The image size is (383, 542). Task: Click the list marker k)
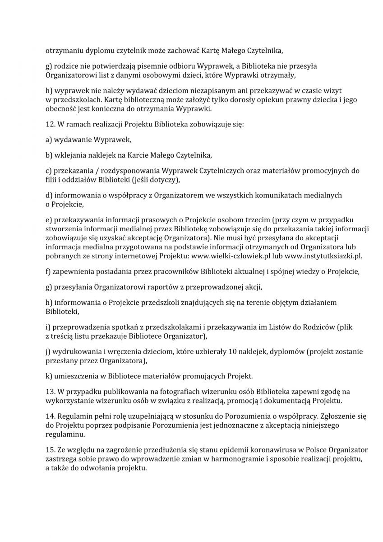[x=49, y=376]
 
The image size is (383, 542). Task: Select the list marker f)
[x=48, y=271]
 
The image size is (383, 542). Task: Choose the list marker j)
[x=48, y=351]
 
